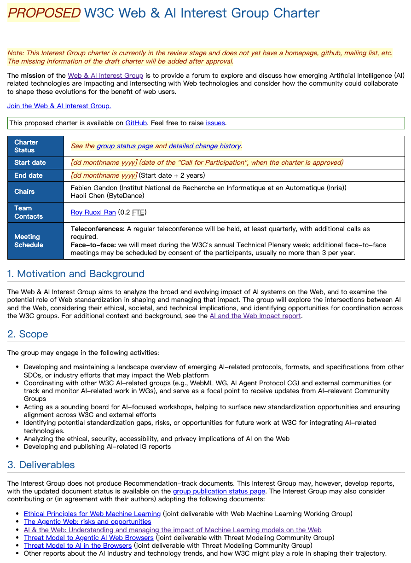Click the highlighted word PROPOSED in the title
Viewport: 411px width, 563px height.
44,13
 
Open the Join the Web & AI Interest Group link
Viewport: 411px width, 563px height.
59,106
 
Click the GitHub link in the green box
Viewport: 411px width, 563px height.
136,123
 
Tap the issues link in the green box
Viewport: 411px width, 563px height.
215,123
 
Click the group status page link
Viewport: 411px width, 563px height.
125,146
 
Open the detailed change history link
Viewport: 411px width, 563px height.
204,146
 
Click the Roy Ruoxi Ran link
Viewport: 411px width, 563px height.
93,212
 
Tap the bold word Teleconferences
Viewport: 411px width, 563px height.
98,229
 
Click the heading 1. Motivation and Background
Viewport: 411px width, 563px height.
76,274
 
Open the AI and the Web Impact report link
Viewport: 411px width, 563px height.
255,316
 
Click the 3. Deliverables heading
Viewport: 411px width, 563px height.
41,464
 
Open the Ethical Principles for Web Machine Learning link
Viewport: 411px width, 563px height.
92,514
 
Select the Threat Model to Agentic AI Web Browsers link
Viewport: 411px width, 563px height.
88,538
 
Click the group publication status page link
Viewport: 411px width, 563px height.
219,491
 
